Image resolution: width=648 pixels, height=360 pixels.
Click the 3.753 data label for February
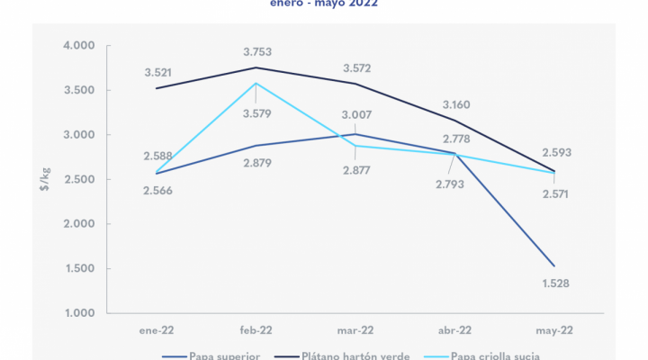256,51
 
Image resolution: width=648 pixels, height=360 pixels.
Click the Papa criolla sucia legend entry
499,355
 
